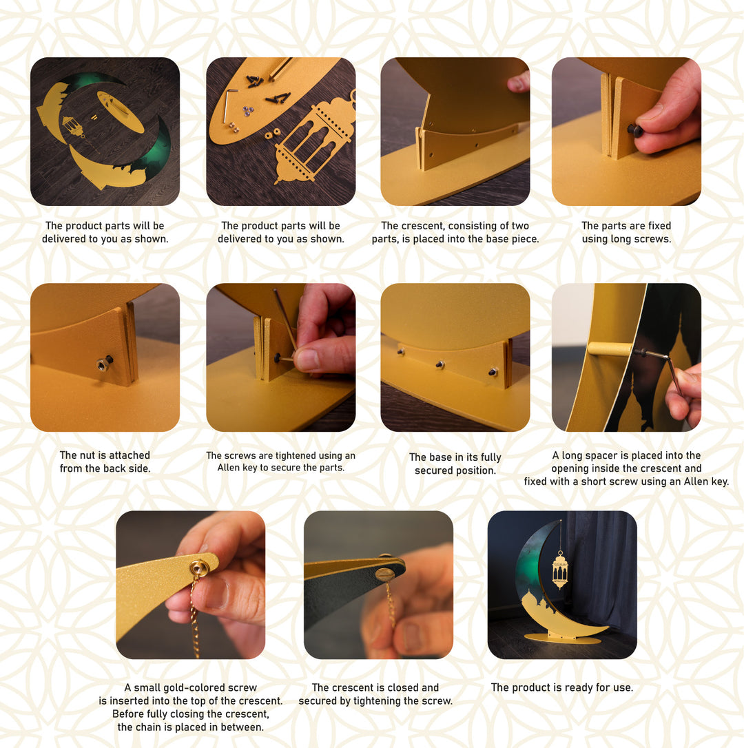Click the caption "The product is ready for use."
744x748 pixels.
click(561, 687)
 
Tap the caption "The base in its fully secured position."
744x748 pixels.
click(455, 464)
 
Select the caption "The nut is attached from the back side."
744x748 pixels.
click(105, 461)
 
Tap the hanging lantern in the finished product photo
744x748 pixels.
click(560, 570)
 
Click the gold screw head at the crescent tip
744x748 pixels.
click(198, 568)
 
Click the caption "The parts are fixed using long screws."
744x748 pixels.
click(626, 232)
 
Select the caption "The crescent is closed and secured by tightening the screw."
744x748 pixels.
click(375, 694)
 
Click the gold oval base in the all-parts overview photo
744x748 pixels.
click(121, 112)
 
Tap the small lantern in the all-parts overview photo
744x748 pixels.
click(73, 127)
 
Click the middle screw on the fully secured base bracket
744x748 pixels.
click(440, 364)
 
